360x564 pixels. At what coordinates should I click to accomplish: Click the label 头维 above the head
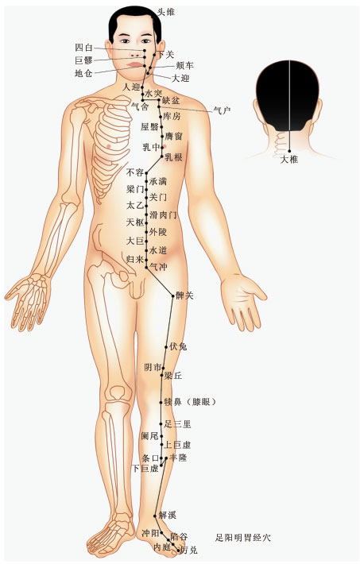[166, 12]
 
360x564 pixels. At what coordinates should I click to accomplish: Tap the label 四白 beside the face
[84, 48]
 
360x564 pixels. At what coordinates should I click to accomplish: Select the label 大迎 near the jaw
[180, 78]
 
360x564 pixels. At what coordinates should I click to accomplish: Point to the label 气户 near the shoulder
[222, 110]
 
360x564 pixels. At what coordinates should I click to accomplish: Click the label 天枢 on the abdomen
[135, 222]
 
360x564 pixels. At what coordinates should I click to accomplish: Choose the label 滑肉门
[163, 214]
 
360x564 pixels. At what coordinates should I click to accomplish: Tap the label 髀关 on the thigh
[184, 296]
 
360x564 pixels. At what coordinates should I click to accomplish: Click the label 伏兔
[178, 347]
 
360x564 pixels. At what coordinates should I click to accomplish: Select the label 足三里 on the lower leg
[177, 423]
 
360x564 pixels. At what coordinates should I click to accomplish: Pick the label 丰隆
[178, 458]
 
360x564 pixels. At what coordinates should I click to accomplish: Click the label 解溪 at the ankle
[168, 515]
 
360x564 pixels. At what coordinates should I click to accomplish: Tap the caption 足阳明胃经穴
[243, 538]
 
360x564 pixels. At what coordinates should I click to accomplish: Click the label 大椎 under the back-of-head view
[289, 159]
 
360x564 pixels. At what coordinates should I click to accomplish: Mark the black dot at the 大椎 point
[289, 151]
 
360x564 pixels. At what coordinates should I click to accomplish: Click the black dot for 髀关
[173, 296]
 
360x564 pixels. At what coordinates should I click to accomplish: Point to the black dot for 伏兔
[166, 347]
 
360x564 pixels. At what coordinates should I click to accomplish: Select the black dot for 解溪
[155, 516]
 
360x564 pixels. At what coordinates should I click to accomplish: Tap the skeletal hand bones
[29, 298]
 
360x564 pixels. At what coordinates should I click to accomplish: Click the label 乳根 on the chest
[173, 157]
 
